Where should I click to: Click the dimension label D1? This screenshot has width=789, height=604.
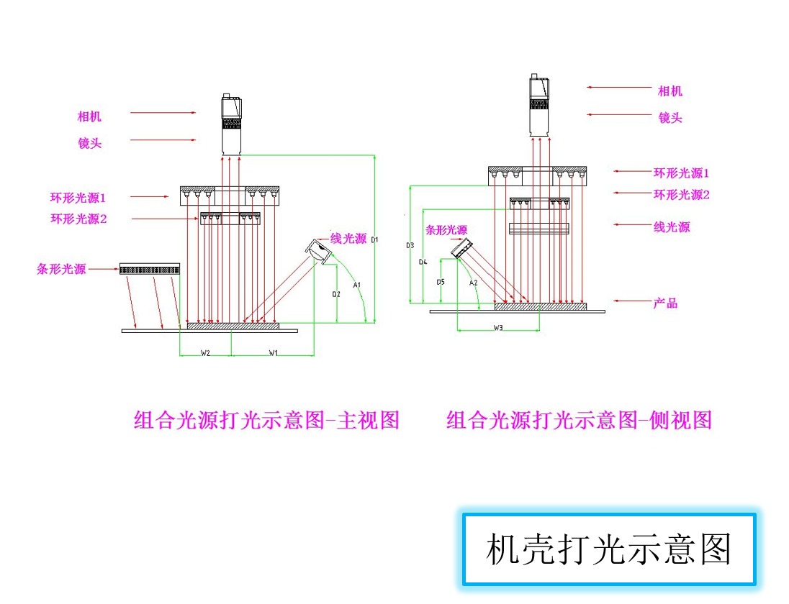(x=375, y=239)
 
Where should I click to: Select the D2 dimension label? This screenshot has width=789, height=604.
(x=336, y=294)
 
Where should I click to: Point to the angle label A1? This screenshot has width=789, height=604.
(x=356, y=285)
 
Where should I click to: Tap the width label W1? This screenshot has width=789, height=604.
(x=274, y=352)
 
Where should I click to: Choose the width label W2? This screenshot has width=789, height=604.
(x=205, y=352)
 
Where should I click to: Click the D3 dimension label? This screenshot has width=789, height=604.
(x=410, y=245)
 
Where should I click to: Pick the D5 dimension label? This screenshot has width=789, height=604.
(x=441, y=282)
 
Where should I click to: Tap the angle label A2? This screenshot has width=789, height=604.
(x=473, y=283)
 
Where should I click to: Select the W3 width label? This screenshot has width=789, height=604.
(x=498, y=327)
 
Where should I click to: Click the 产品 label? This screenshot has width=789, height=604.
(x=665, y=303)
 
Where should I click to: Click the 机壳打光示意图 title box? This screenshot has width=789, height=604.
(x=608, y=550)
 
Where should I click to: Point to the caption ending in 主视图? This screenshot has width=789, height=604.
(x=266, y=420)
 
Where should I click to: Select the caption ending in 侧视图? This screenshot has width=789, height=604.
(x=579, y=420)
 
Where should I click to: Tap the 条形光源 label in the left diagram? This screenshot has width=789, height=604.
(x=61, y=269)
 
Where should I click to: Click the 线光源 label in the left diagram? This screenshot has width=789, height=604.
(x=348, y=239)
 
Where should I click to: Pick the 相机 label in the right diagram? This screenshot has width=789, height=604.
(x=670, y=91)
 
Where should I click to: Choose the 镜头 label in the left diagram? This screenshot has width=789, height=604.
(x=90, y=143)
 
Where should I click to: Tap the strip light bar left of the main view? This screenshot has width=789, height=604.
(x=150, y=269)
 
